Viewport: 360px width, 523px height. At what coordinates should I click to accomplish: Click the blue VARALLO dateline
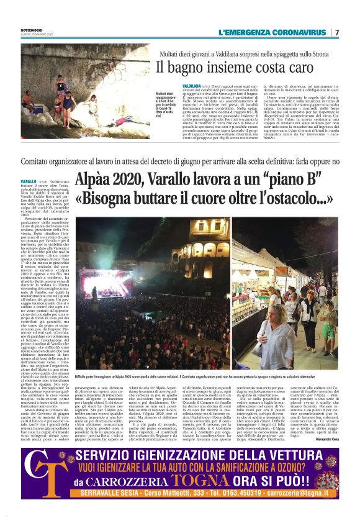click(29, 181)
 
